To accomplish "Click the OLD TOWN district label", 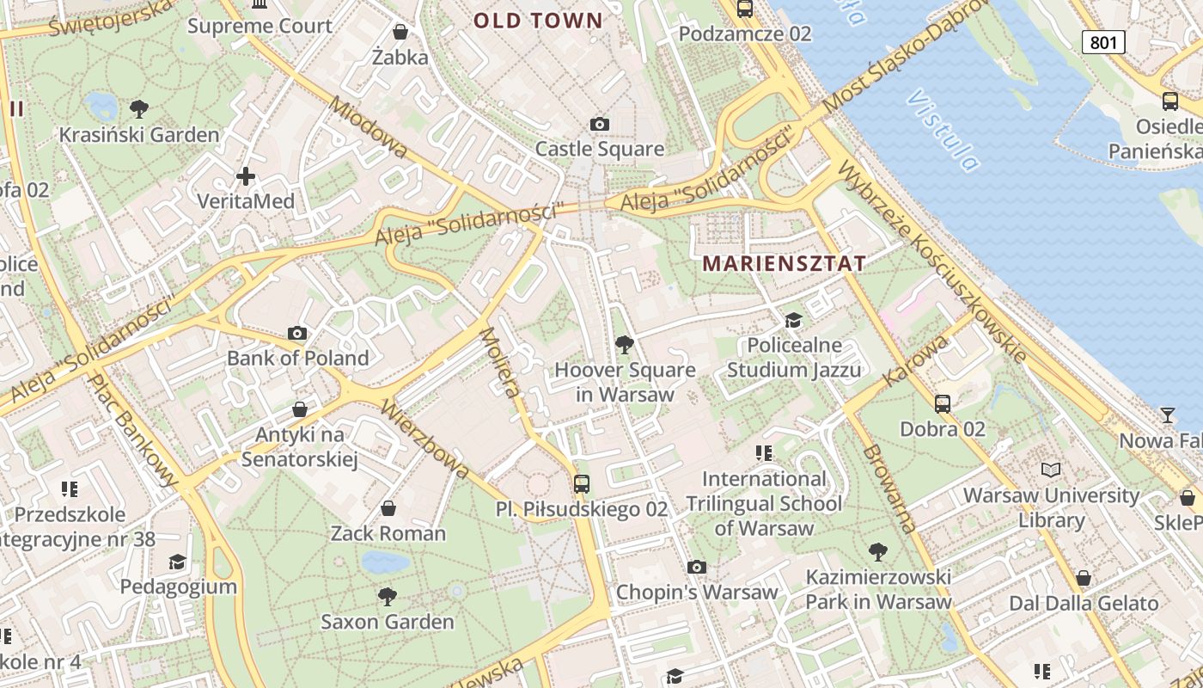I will point(538,21).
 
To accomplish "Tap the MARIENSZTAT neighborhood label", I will point(784,264).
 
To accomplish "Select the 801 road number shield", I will point(1103,41).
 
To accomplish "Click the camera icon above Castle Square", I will point(600,125).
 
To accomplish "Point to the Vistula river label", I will point(943,130).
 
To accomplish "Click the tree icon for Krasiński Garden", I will point(138,109).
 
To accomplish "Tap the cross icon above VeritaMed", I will point(246,176).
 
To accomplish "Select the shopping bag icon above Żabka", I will point(400,33).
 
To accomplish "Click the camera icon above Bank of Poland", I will point(297,333).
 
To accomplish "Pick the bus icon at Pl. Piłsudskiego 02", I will point(582,483).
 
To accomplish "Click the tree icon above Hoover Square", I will point(625,345).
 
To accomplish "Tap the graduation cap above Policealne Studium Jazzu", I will point(793,321).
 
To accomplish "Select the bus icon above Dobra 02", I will point(943,403).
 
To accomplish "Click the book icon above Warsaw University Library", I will point(1051,470).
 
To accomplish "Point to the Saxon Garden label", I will point(388,621).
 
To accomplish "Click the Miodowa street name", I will point(369,127).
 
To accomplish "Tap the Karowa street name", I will point(916,361).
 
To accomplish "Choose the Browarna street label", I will point(889,488).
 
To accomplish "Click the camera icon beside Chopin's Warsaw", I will point(697,568).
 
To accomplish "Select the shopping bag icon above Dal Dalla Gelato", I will point(1084,578).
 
